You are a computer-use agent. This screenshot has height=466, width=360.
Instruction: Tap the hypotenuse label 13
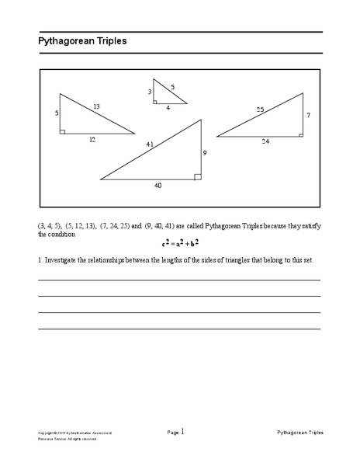[x=96, y=106]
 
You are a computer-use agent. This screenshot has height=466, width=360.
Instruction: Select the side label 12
[x=92, y=140]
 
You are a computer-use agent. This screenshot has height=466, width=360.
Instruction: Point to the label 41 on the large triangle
[x=149, y=144]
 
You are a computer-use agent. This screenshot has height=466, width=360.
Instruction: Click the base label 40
[x=158, y=185]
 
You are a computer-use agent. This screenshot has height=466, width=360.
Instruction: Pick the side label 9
[x=205, y=153]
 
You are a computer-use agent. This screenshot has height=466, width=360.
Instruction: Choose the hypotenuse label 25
[x=260, y=110]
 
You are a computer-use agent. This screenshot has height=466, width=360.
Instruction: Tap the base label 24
[x=265, y=142]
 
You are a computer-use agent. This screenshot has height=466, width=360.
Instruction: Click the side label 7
[x=308, y=115]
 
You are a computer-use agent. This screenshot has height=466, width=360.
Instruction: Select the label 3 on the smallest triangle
[x=150, y=92]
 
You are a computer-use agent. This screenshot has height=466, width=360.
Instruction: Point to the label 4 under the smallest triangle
[x=167, y=108]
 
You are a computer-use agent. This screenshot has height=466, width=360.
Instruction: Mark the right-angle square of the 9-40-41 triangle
[x=198, y=176]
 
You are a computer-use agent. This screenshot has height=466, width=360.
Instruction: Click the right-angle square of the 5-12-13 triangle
[x=62, y=130]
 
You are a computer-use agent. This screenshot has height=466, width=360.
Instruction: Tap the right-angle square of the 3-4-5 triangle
[x=155, y=101]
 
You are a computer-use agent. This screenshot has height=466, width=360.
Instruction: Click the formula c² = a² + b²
[x=180, y=243]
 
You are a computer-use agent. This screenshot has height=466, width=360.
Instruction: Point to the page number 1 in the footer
[x=182, y=431]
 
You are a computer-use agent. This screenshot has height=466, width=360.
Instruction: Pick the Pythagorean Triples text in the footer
[x=299, y=432]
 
